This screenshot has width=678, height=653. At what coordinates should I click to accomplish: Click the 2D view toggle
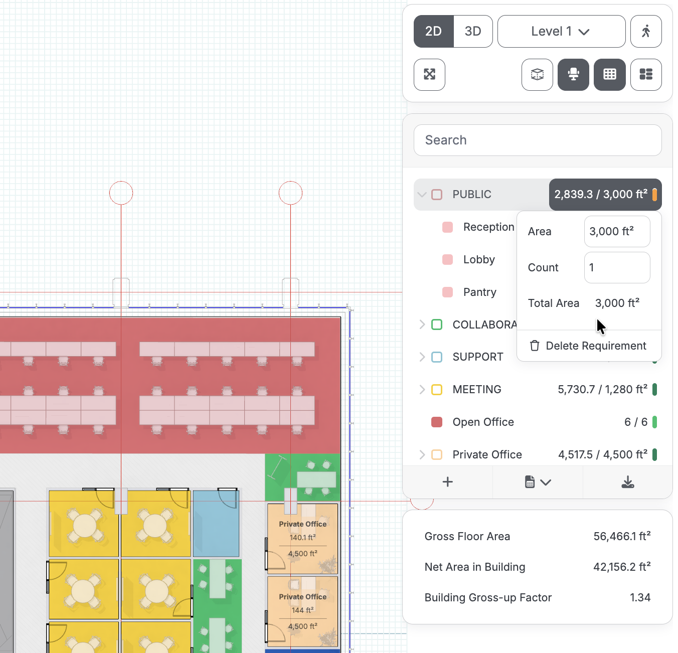[x=433, y=32]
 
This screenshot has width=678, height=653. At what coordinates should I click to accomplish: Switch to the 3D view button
[x=473, y=32]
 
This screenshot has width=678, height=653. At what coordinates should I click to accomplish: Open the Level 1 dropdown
[x=561, y=32]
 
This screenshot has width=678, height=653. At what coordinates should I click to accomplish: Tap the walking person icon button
[x=646, y=32]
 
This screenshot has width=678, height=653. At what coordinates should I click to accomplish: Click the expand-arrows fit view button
[x=429, y=75]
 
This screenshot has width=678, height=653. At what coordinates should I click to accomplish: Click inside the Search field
[x=538, y=140]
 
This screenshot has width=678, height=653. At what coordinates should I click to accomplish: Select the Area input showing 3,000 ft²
[x=617, y=231]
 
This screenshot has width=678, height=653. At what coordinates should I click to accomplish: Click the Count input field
[x=617, y=268]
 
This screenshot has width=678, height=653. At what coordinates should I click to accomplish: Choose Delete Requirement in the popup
[x=588, y=346]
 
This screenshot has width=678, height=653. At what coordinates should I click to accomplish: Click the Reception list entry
[x=488, y=227]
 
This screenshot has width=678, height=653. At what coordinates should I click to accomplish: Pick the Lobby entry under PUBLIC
[x=479, y=260]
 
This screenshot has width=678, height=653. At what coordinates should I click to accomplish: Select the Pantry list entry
[x=479, y=292]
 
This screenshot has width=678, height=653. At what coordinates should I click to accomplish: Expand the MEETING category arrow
[x=422, y=389]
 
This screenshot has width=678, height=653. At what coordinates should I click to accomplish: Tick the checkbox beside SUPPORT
[x=437, y=357]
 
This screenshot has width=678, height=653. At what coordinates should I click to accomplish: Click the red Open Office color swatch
[x=437, y=422]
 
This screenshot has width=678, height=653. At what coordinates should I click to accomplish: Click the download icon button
[x=627, y=482]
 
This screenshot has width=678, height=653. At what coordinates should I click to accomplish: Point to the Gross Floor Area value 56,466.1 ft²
[x=622, y=536]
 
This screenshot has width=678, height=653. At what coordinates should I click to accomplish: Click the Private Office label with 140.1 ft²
[x=302, y=524]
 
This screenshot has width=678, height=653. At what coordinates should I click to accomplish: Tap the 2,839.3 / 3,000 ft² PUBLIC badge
[x=605, y=195]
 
